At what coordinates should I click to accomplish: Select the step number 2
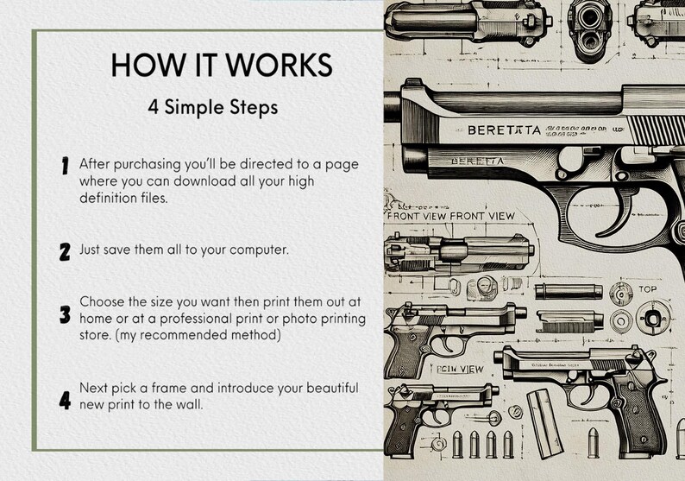pyautogui.click(x=65, y=252)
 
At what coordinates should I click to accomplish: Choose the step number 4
pyautogui.click(x=65, y=400)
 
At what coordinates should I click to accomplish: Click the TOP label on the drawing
pyautogui.click(x=647, y=288)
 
